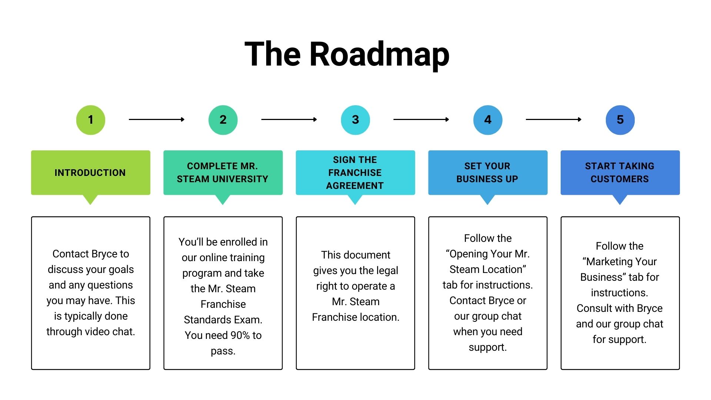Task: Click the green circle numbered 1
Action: (91, 120)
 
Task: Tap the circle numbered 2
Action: (223, 120)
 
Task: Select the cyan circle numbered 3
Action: (355, 120)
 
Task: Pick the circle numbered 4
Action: (488, 120)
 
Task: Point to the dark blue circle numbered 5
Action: (620, 120)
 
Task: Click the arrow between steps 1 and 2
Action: (157, 119)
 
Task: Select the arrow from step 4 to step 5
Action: (554, 119)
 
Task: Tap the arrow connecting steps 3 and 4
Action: (421, 119)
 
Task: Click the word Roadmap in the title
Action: (379, 54)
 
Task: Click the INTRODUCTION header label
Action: (90, 173)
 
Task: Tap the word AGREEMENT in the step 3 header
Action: (355, 186)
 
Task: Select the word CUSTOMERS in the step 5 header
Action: (620, 179)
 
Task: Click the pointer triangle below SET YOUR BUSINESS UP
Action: (488, 199)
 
